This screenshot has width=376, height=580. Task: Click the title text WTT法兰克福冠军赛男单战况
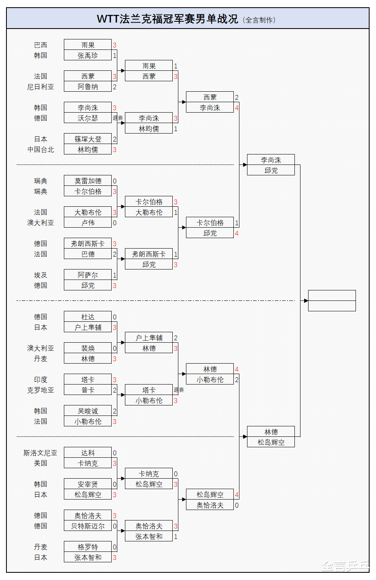[x=167, y=19]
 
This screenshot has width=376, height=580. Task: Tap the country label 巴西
[x=41, y=45]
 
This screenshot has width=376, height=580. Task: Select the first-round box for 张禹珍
[x=88, y=56]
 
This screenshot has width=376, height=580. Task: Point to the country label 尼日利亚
[x=41, y=87]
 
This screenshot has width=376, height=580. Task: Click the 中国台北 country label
[x=41, y=150]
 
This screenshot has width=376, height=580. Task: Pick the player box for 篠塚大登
[x=88, y=139]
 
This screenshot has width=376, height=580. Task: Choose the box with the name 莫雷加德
[x=88, y=181]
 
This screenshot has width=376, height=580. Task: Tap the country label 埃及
[x=41, y=275]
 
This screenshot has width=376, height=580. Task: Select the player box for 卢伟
[x=88, y=223]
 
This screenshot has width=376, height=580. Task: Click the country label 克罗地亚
[x=41, y=390]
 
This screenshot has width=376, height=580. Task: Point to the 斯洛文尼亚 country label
[x=40, y=453]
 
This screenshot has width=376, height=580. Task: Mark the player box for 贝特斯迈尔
[x=88, y=526]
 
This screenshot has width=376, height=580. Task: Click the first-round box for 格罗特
[x=88, y=547]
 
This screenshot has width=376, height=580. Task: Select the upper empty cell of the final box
[x=332, y=295]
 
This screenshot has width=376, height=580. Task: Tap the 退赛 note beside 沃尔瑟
[x=118, y=118]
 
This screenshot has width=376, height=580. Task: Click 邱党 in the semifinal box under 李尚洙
[x=271, y=171]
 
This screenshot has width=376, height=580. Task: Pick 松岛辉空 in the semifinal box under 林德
[x=271, y=442]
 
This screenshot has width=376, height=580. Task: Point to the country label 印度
[x=41, y=380]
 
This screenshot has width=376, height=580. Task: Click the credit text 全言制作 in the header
[x=260, y=20]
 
